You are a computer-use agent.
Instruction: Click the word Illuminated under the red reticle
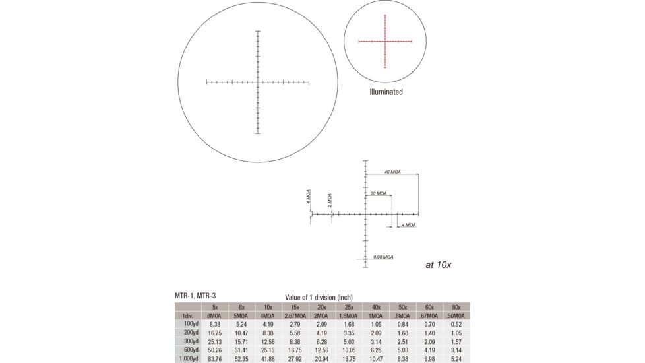click(386, 92)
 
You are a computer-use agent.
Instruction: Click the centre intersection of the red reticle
click(385, 41)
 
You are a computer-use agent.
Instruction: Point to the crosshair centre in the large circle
click(258, 82)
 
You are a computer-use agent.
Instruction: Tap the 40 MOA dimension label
click(392, 172)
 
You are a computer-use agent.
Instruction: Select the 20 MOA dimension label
click(379, 194)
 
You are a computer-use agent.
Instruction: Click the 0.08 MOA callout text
click(383, 256)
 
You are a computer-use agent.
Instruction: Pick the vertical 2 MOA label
click(329, 200)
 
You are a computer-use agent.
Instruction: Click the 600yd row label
click(190, 350)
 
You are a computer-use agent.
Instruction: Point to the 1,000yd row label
click(190, 358)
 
